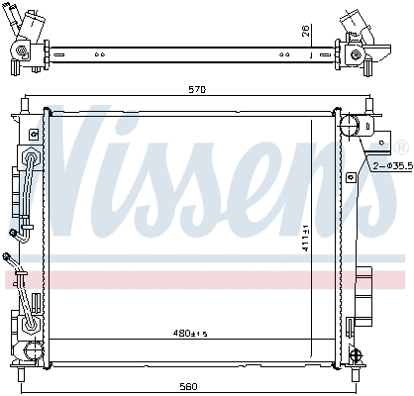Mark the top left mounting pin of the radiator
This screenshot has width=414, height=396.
click(28, 103)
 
